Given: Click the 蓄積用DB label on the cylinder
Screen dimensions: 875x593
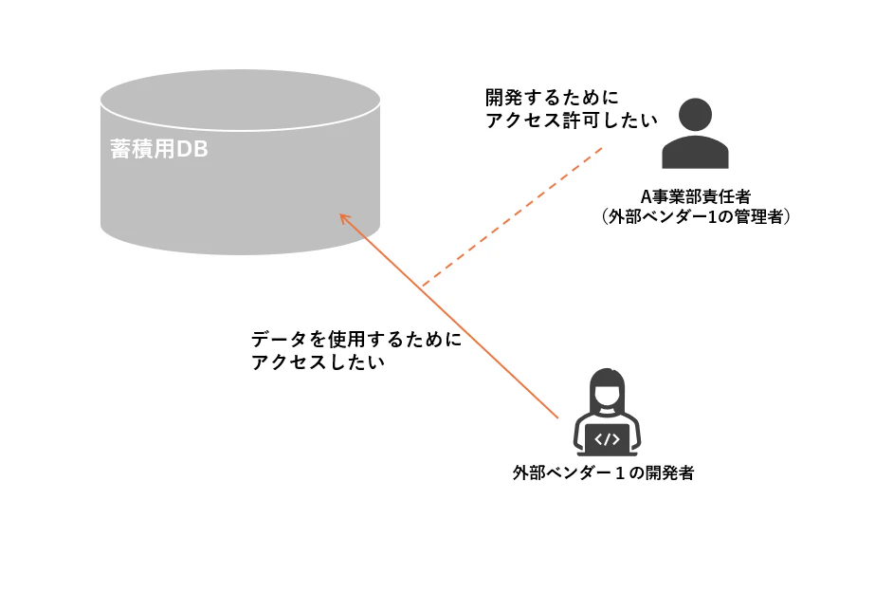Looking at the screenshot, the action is coord(159,149).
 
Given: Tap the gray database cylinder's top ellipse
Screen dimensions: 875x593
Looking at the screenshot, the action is coord(241,101).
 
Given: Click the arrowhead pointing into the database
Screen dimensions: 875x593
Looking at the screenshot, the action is coord(345,219).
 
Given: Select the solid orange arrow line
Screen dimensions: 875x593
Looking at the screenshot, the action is coord(448,316).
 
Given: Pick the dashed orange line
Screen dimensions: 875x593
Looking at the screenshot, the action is coord(512,216).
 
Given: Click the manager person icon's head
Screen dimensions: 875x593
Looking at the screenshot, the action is coord(695,115).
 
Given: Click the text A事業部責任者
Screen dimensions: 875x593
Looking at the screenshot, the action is coord(695,196).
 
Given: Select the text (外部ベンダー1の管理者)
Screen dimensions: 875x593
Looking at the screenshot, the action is coord(695,216).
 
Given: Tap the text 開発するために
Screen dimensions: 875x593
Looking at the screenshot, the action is coord(552,98).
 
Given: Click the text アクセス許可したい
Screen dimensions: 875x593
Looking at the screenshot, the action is coord(572,120).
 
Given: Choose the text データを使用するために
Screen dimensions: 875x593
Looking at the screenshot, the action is coord(356,339).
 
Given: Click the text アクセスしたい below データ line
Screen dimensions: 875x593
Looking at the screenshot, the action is coord(319,361).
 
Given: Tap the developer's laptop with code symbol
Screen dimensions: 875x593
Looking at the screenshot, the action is coord(607,440).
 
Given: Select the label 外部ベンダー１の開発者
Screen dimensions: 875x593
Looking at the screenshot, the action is coord(603,473).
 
